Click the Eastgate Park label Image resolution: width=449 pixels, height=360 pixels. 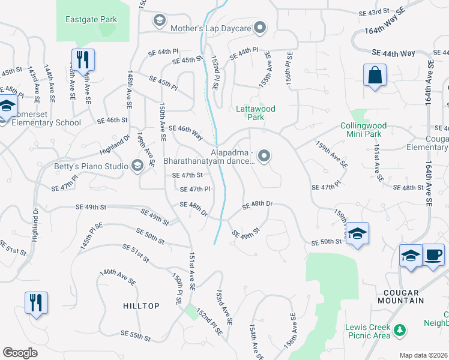pyautogui.click(x=91, y=20)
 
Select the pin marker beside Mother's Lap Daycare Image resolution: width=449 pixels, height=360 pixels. pyautogui.click(x=260, y=27)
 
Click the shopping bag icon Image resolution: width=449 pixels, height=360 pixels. pyautogui.click(x=375, y=76)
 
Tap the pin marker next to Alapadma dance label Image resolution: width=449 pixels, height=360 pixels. pyautogui.click(x=265, y=157)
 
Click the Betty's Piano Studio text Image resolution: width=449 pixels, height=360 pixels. pyautogui.click(x=92, y=166)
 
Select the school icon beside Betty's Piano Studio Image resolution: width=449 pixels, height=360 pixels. pyautogui.click(x=137, y=166)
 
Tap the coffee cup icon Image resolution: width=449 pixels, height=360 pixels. pyautogui.click(x=433, y=255)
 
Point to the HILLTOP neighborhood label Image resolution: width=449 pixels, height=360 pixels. pyautogui.click(x=141, y=306)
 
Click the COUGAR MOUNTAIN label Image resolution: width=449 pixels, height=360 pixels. pyautogui.click(x=401, y=296)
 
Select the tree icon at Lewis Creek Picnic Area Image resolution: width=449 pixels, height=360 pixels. pyautogui.click(x=397, y=329)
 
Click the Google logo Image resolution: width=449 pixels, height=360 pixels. pyautogui.click(x=20, y=353)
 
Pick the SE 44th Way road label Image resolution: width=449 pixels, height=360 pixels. pyautogui.click(x=393, y=53)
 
